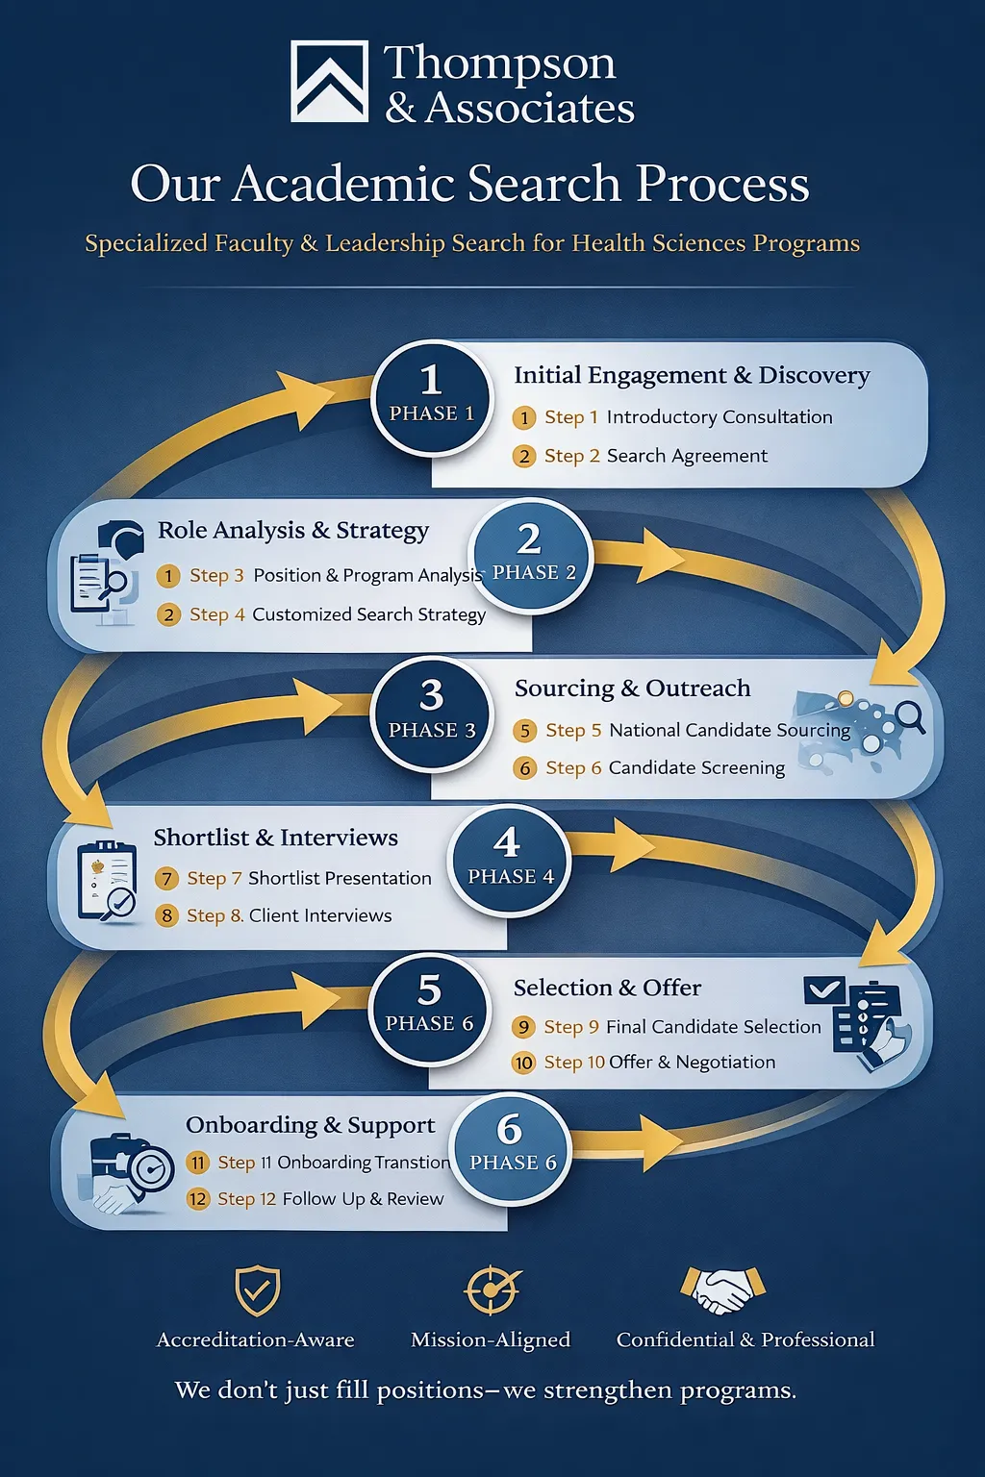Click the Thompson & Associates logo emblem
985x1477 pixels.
[329, 81]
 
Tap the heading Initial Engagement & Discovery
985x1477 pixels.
[691, 375]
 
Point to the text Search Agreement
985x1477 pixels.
[687, 456]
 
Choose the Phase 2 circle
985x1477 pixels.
[530, 554]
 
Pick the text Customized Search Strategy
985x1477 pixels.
[368, 614]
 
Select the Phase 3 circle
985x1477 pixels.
[431, 712]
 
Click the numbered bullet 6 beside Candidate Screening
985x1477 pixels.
[524, 768]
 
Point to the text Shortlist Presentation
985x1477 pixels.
[340, 878]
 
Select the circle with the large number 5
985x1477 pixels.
[429, 1006]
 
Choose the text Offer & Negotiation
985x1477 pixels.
[692, 1062]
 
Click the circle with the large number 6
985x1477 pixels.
[511, 1148]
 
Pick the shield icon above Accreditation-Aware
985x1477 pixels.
[257, 1290]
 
